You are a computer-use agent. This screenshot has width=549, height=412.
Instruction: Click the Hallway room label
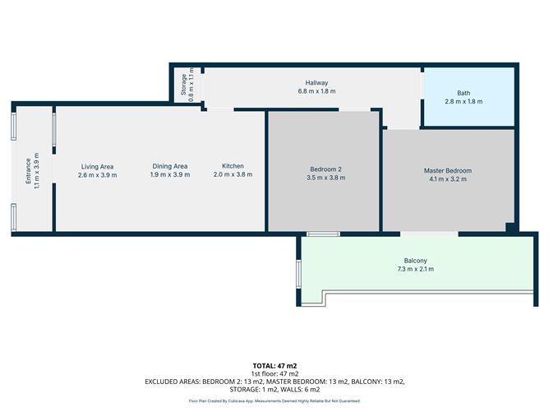(316, 83)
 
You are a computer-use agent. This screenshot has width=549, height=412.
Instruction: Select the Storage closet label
(182, 85)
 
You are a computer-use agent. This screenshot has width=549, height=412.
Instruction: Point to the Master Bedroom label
(447, 170)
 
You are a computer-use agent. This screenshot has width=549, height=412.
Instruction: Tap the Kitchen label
(228, 166)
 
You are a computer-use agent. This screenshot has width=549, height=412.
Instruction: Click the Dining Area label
(169, 166)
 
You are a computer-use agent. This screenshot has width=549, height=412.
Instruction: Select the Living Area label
(97, 166)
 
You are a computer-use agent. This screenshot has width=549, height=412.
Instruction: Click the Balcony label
(415, 261)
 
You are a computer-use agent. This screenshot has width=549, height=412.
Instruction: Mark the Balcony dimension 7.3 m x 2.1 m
(415, 270)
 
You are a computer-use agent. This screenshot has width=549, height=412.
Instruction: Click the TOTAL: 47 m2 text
(274, 365)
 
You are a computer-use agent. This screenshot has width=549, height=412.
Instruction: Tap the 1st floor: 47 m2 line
(274, 373)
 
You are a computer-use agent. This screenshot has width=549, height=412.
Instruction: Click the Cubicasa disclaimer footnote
(274, 400)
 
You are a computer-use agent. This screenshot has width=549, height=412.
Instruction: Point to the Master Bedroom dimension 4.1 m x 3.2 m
(447, 179)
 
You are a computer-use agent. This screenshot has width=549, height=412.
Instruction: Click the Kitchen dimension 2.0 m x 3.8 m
(228, 175)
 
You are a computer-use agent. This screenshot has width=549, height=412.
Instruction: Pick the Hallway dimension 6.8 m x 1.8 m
(316, 92)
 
